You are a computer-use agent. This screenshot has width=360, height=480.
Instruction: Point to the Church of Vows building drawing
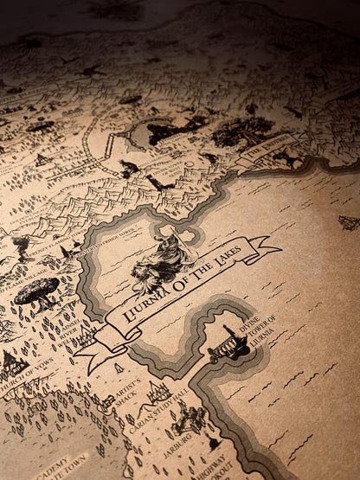(x=12, y=363)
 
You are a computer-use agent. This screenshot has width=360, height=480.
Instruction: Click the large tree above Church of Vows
(x=36, y=291)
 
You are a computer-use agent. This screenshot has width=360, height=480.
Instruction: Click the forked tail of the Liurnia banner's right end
(x=273, y=249)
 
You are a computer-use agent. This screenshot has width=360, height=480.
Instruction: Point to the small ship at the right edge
(x=349, y=222)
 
